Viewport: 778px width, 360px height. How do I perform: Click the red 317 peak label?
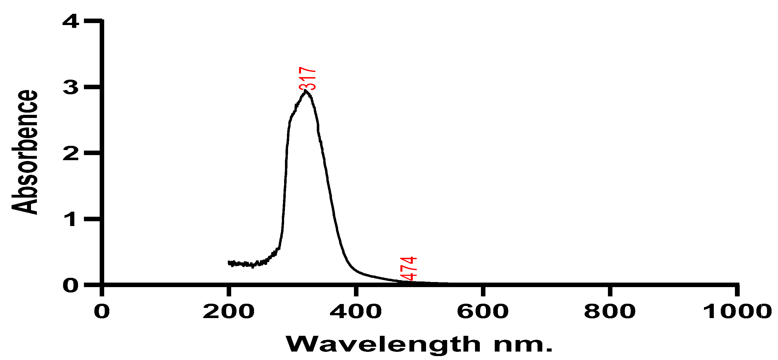(307, 79)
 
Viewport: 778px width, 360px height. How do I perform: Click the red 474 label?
(409, 269)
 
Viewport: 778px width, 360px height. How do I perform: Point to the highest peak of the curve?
(306, 90)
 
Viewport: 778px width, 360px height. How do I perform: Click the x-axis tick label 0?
(102, 311)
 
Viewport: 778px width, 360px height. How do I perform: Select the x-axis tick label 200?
(229, 311)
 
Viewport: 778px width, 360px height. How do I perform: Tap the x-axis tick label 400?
(356, 311)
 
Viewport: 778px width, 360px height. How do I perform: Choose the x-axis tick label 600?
(483, 311)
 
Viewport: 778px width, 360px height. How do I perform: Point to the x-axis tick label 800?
(610, 311)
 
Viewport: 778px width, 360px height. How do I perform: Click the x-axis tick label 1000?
(736, 311)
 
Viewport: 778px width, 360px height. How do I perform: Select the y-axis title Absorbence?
(25, 152)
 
